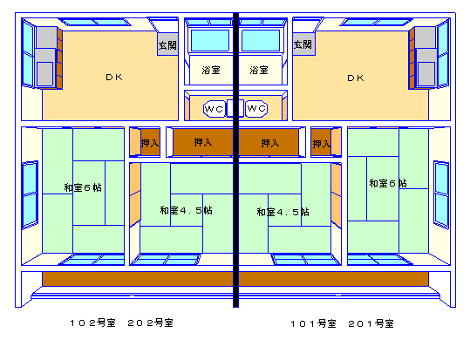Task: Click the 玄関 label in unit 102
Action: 167,45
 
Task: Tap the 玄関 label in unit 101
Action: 303,44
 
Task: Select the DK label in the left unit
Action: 114,78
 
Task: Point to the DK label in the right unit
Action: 356,78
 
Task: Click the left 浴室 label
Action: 211,70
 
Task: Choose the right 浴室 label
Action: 259,70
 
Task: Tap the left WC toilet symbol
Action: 214,109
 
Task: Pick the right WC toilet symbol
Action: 256,108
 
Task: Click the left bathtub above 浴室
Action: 210,40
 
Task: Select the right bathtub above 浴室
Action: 261,40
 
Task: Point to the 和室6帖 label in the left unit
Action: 83,187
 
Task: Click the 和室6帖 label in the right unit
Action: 388,183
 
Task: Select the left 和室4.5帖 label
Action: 186,210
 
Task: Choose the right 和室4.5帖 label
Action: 283,212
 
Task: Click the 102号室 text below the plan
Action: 92,323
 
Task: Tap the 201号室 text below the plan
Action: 371,323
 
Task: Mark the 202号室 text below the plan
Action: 151,323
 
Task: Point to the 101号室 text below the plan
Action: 313,323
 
